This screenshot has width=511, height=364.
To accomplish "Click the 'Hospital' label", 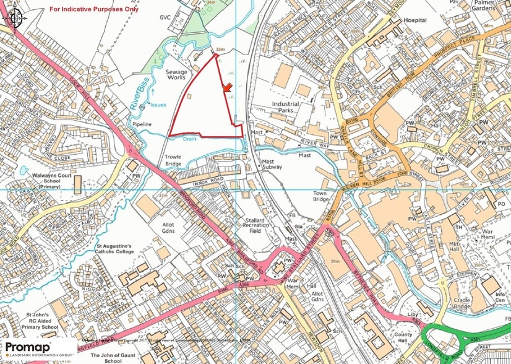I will point(415,20).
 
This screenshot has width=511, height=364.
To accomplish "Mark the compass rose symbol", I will point(13,19).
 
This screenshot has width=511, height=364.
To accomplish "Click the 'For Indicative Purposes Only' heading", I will point(94,9).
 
